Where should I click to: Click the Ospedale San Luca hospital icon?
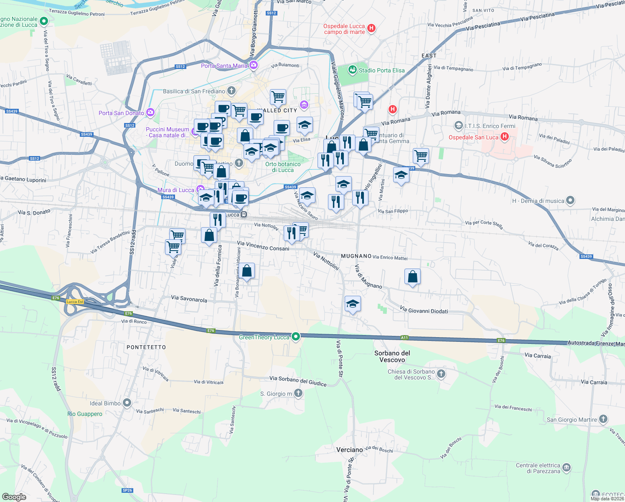[504, 137]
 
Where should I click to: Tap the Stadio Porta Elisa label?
[381, 70]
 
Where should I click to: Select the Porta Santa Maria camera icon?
[253, 65]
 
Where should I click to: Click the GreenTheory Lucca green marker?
[296, 337]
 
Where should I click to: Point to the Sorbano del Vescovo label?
[392, 356]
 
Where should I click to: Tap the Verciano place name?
[349, 450]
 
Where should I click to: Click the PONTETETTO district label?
[146, 347]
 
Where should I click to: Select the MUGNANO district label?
[356, 256]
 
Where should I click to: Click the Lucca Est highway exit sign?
[75, 302]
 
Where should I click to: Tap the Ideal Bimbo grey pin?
[127, 403]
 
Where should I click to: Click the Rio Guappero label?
[85, 414]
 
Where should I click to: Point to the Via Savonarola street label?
[189, 299]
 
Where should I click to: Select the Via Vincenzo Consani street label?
[263, 246]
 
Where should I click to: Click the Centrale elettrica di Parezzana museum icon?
[567, 468]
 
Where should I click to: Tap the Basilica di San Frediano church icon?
[231, 91]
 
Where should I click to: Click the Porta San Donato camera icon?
[150, 113]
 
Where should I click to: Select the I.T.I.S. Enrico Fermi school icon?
[459, 125]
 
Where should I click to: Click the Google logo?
[14, 497]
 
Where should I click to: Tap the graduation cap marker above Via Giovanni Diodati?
[353, 304]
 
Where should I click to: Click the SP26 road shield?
[127, 490]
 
